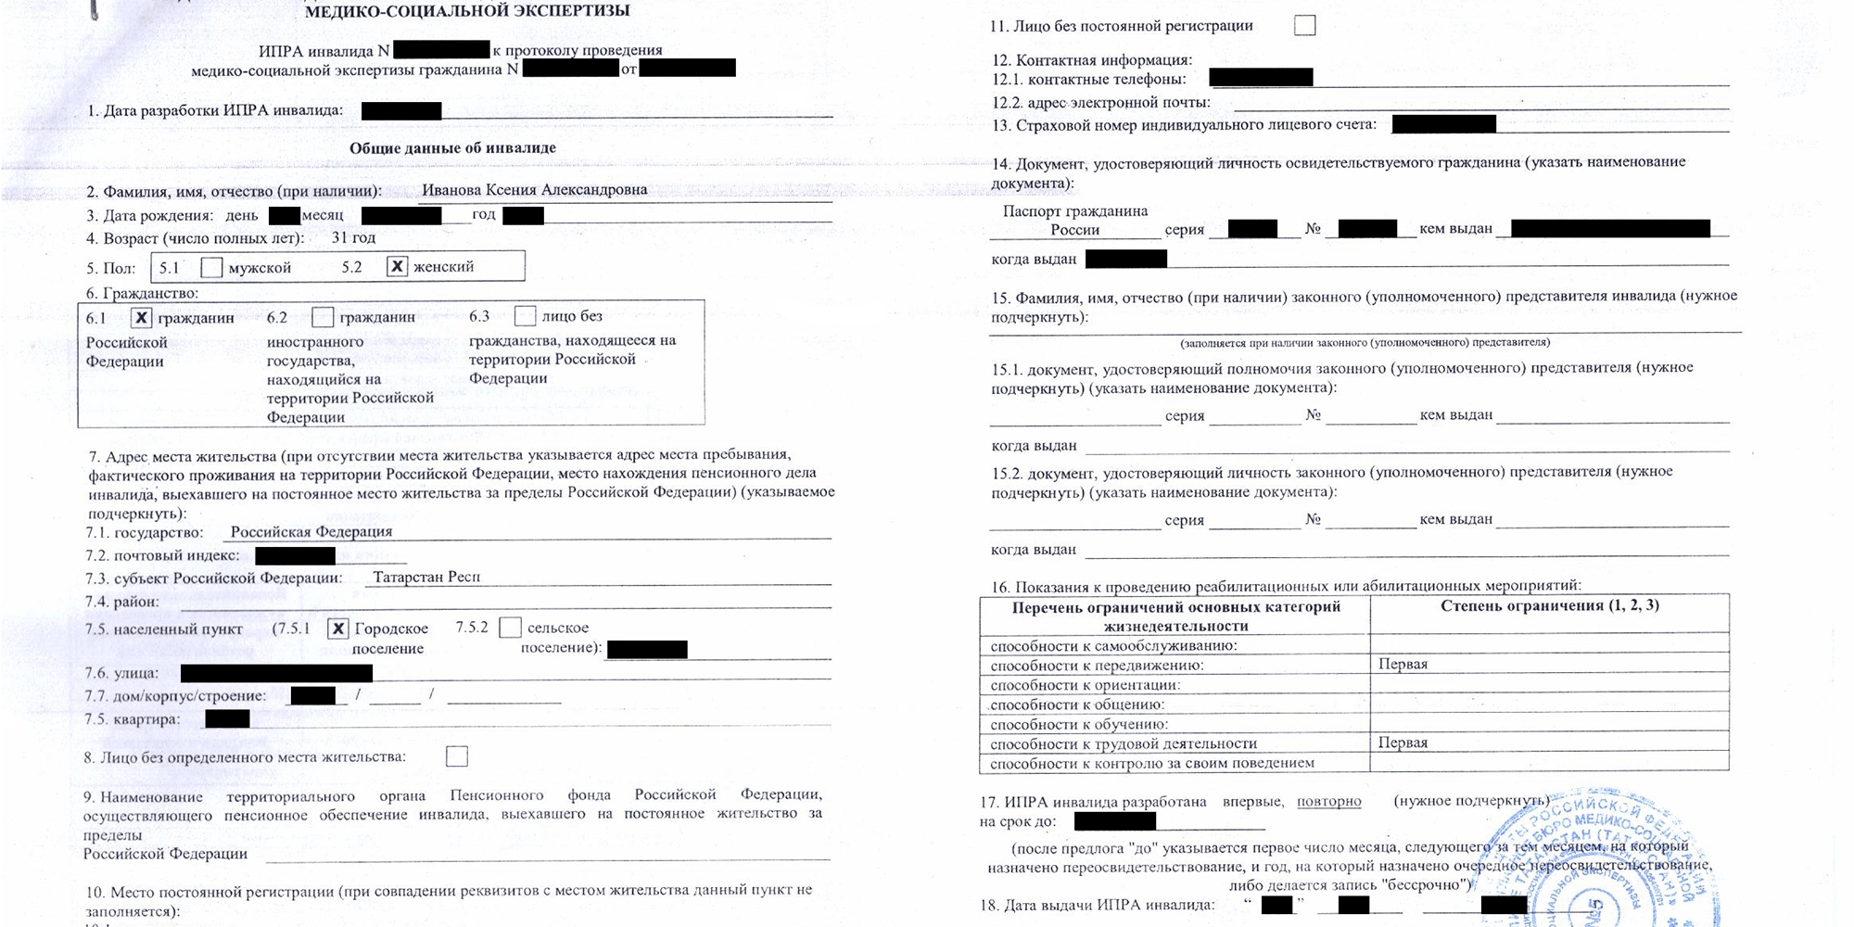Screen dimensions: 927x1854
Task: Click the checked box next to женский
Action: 397,267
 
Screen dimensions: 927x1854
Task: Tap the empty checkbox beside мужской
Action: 211,268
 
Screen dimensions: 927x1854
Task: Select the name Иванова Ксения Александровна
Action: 534,190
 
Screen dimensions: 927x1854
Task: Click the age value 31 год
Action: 353,237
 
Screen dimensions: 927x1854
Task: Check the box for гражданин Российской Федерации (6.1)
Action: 141,318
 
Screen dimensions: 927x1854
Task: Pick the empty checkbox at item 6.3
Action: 525,316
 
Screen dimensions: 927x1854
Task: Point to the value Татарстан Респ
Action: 426,577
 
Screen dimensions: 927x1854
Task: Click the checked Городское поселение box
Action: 338,629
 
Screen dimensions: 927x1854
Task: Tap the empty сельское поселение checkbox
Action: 510,628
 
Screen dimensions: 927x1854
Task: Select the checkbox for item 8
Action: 457,756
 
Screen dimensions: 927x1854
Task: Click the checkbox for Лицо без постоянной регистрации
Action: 1304,25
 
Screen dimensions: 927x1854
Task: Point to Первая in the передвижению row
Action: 1403,664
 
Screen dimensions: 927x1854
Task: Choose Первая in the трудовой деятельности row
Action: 1403,743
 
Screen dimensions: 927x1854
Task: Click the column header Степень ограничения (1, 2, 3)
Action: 1549,605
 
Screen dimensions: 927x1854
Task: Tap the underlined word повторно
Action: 1328,801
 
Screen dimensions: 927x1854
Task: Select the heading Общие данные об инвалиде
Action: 452,148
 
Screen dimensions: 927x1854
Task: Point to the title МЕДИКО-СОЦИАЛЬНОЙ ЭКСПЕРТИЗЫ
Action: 467,11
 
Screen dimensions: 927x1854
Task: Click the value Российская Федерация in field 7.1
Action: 311,532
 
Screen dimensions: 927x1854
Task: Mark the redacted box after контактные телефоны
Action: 1261,77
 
